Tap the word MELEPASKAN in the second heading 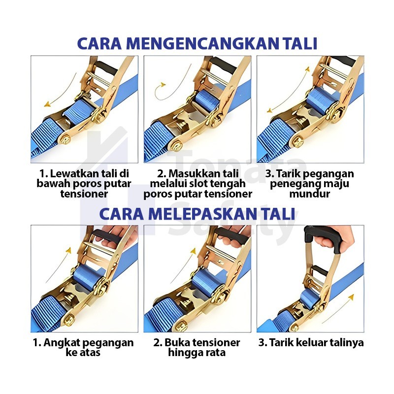(x=203, y=214)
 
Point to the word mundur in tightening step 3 (x=310, y=194)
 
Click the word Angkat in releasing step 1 (x=60, y=343)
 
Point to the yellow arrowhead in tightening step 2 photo (x=164, y=84)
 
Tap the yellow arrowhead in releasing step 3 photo (x=351, y=297)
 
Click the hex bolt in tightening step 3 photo (x=298, y=142)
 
